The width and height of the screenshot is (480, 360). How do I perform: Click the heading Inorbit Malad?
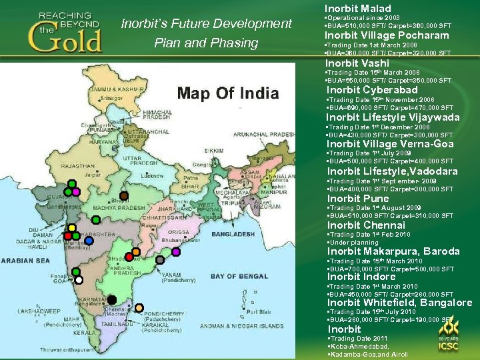pyautogui.click(x=357, y=9)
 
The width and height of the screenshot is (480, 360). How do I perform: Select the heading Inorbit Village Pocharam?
pyautogui.click(x=387, y=35)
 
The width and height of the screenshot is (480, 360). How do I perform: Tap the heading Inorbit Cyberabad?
pyautogui.click(x=372, y=90)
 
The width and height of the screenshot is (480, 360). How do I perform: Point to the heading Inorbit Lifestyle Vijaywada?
pyautogui.click(x=393, y=117)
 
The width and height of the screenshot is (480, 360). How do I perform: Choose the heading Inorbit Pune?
pyautogui.click(x=358, y=199)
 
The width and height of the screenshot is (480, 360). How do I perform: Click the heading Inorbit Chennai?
pyautogui.click(x=366, y=225)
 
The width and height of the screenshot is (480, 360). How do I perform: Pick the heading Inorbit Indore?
pyautogui.click(x=361, y=277)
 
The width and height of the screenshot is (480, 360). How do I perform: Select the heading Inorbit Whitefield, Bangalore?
pyautogui.click(x=399, y=303)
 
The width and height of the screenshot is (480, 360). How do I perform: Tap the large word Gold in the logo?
pyautogui.click(x=65, y=39)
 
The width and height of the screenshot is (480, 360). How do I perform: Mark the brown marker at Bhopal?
pyautogui.click(x=124, y=196)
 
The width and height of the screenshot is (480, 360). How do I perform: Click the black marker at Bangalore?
pyautogui.click(x=113, y=299)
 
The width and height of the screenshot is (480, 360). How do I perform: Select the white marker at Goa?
pyautogui.click(x=79, y=280)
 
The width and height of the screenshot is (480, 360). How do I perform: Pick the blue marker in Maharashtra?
pyautogui.click(x=89, y=241)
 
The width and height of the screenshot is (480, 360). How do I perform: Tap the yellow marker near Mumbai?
pyautogui.click(x=68, y=227)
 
